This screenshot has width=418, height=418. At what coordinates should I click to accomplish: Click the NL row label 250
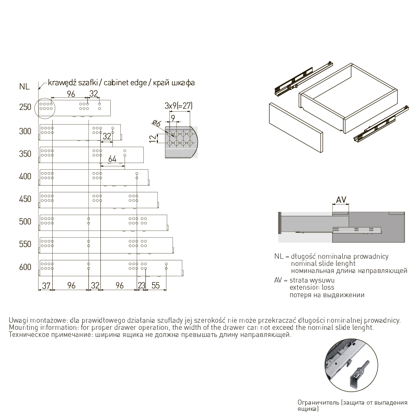[25, 107]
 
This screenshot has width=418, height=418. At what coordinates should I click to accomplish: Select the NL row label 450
[25, 199]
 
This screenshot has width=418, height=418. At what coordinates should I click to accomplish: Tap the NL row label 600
[25, 267]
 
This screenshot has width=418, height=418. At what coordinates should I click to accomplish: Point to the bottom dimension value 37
[46, 286]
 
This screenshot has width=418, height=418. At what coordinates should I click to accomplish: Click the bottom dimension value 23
[142, 285]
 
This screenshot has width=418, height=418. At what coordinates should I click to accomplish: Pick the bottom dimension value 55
[155, 285]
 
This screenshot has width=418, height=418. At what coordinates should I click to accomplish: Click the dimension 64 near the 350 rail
[112, 159]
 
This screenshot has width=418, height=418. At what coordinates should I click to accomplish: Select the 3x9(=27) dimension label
[178, 106]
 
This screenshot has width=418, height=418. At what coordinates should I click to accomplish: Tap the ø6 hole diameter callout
[156, 123]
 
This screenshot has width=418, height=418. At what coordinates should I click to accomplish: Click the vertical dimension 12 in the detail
[153, 139]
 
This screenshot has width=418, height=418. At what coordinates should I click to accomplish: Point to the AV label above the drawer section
[341, 200]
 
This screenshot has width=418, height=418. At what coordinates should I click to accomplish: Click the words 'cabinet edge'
[125, 83]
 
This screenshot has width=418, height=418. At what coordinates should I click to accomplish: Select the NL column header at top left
[24, 87]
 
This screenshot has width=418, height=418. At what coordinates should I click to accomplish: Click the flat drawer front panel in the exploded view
[296, 127]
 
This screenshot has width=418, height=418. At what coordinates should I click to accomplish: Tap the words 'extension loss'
[312, 288]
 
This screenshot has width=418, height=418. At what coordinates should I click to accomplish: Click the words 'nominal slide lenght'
[323, 264]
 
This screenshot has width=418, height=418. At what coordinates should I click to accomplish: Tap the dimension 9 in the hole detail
[173, 117]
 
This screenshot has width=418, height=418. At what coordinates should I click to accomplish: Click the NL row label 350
[25, 154]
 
